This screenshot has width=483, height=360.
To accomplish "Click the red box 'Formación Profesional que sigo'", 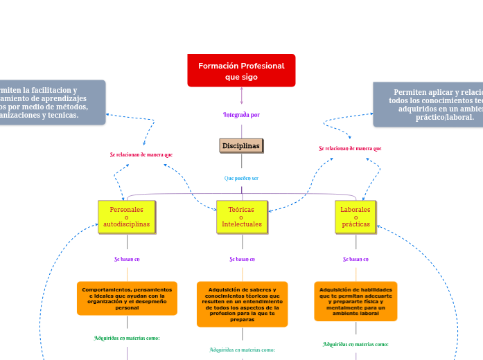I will (x=241, y=71).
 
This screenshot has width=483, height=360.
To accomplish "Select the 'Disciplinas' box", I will (x=241, y=145).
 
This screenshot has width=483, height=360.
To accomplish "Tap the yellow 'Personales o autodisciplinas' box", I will (x=126, y=217).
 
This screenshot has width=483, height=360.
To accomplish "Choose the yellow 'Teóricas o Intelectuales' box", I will (x=242, y=217).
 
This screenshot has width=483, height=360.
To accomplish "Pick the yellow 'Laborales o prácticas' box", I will (x=355, y=217).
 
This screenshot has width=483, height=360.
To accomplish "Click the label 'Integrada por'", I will (x=241, y=114).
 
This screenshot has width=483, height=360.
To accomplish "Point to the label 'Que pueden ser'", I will (x=241, y=178).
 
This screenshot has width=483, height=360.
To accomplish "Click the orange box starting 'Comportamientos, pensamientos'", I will (x=127, y=298).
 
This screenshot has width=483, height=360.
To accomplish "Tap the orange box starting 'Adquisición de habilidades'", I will (x=355, y=301).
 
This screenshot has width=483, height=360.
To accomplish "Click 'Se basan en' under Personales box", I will (x=127, y=259).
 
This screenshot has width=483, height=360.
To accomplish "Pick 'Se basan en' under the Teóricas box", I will (x=243, y=259).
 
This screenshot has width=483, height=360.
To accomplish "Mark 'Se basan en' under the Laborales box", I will (x=355, y=259).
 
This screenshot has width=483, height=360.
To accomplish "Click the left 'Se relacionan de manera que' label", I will (x=141, y=154).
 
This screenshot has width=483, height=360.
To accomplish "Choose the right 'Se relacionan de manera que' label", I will (x=350, y=148).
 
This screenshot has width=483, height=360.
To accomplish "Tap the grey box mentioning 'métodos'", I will (x=52, y=102).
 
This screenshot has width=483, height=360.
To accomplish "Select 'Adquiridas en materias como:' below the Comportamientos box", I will (x=127, y=338).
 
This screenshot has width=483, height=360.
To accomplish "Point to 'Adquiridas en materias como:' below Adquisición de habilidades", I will (x=355, y=344).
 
